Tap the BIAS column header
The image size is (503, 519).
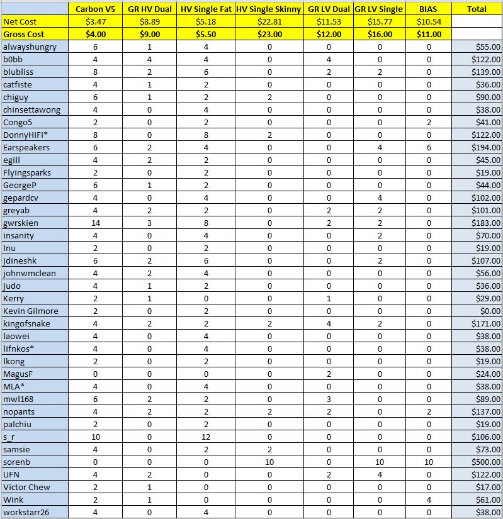point(429,9)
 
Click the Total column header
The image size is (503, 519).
point(477,9)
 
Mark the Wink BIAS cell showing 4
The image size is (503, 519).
point(429,499)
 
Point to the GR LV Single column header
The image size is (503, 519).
point(379,9)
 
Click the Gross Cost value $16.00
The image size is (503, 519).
point(379,34)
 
